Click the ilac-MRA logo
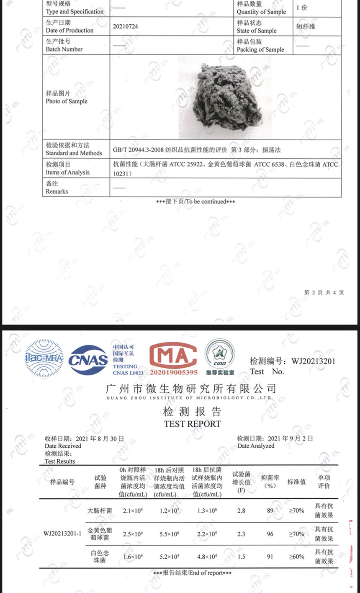[44, 358]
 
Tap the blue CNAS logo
[88, 359]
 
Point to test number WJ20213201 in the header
[314, 361]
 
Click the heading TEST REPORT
[192, 424]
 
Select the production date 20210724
[125, 26]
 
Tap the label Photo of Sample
[67, 101]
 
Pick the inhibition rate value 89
[270, 510]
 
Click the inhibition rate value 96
[270, 534]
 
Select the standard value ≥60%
[296, 557]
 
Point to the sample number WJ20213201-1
[62, 534]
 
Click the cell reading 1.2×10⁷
[169, 511]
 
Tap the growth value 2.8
[241, 510]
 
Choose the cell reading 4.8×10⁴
[207, 557]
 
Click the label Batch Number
[64, 49]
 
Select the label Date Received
[63, 446]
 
